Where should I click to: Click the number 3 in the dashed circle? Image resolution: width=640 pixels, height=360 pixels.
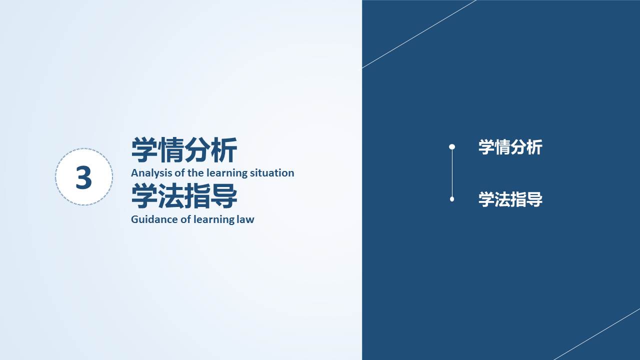83,177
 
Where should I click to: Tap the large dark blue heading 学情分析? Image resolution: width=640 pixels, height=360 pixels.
184,150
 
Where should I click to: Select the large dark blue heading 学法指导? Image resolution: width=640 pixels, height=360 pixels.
184,196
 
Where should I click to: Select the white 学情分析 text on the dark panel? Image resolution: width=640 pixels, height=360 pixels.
510,147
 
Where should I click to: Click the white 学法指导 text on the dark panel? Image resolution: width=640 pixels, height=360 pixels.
510,199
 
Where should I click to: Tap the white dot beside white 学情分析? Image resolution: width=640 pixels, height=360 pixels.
452,147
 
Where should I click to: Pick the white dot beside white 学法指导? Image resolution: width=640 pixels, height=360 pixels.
452,199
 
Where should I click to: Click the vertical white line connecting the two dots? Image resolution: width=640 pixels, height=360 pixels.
452,173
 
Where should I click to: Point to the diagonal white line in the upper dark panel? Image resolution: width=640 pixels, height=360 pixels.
419,34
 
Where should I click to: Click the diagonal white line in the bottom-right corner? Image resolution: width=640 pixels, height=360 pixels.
597,334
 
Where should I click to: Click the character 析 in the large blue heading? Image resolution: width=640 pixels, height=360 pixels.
224,150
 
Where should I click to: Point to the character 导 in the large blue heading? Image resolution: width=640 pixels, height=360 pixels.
224,196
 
